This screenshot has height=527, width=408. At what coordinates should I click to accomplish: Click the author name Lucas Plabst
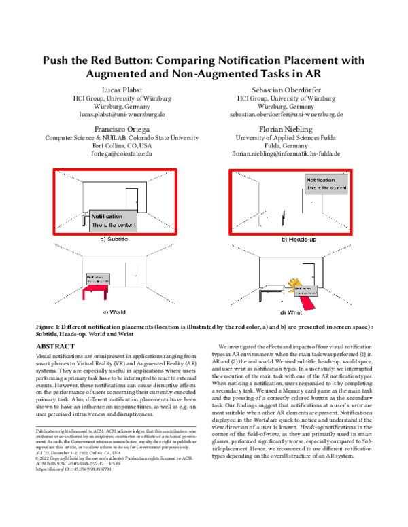pyautogui.click(x=122, y=90)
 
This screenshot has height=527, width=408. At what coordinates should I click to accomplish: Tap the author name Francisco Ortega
pyautogui.click(x=122, y=128)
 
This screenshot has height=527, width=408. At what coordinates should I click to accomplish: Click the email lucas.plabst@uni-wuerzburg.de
pyautogui.click(x=122, y=115)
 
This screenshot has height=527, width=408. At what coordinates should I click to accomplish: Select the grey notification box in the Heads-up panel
pyautogui.click(x=328, y=183)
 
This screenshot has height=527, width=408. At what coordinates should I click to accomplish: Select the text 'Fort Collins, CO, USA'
pyautogui.click(x=122, y=145)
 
